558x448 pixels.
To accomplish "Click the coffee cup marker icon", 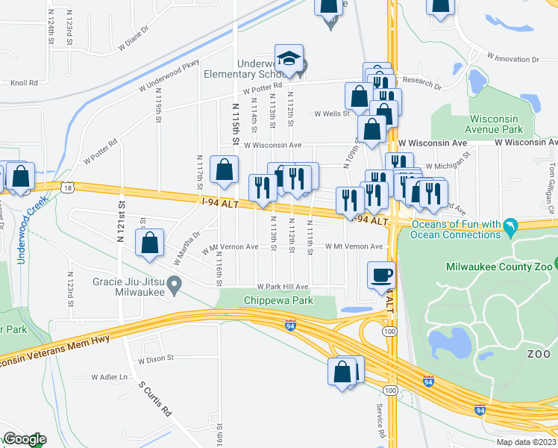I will (x=382, y=274).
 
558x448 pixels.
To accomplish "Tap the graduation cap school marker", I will (x=289, y=57).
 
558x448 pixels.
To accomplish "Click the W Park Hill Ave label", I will (x=283, y=287).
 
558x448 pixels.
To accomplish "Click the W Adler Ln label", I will (x=110, y=377).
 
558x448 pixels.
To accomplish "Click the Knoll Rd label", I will (x=25, y=84).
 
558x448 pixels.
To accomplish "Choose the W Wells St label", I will (x=332, y=114).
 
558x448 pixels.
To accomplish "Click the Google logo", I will (x=25, y=439).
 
